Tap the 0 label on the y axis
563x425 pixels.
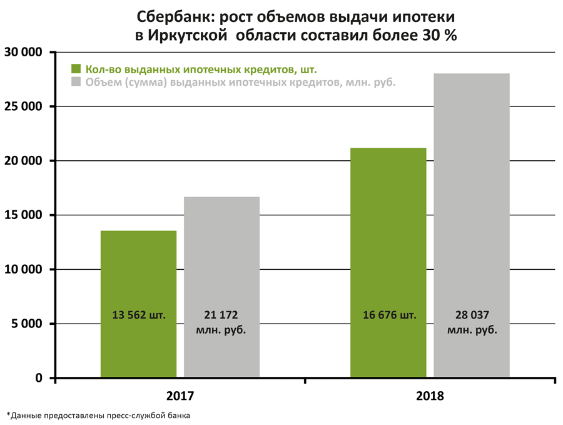tap(39, 378)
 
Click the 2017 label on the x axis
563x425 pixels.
tap(180, 396)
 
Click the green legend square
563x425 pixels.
tap(77, 68)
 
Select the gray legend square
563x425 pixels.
tap(77, 81)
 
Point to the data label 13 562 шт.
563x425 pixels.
tap(139, 315)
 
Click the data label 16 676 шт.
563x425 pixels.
tap(389, 315)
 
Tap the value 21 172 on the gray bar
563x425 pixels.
tap(221, 315)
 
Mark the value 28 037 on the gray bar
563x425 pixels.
tap(472, 315)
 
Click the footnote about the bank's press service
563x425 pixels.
tap(98, 414)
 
